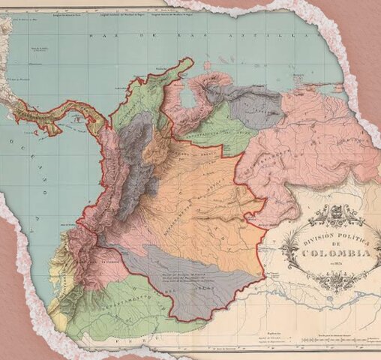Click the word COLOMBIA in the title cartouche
tap(335, 253)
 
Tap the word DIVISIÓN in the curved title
tap(309, 239)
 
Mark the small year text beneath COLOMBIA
tap(335, 262)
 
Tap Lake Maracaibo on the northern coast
tap(187, 97)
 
